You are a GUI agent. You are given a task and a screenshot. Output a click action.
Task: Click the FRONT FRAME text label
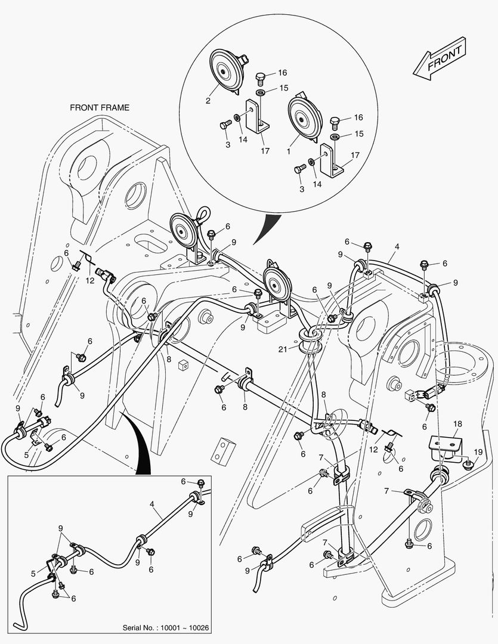click(x=100, y=108)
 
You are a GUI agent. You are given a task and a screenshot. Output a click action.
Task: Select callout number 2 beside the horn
click(x=208, y=101)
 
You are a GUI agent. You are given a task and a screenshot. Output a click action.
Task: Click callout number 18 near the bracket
click(x=457, y=424)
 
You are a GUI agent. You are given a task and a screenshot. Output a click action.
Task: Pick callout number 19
click(x=478, y=451)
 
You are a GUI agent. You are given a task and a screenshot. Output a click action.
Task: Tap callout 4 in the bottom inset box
click(x=153, y=504)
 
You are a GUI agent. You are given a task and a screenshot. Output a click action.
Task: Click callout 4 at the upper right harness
click(x=397, y=246)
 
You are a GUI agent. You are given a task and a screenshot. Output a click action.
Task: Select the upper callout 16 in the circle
click(x=282, y=73)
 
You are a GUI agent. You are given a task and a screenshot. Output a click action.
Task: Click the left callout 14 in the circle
click(x=243, y=139)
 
